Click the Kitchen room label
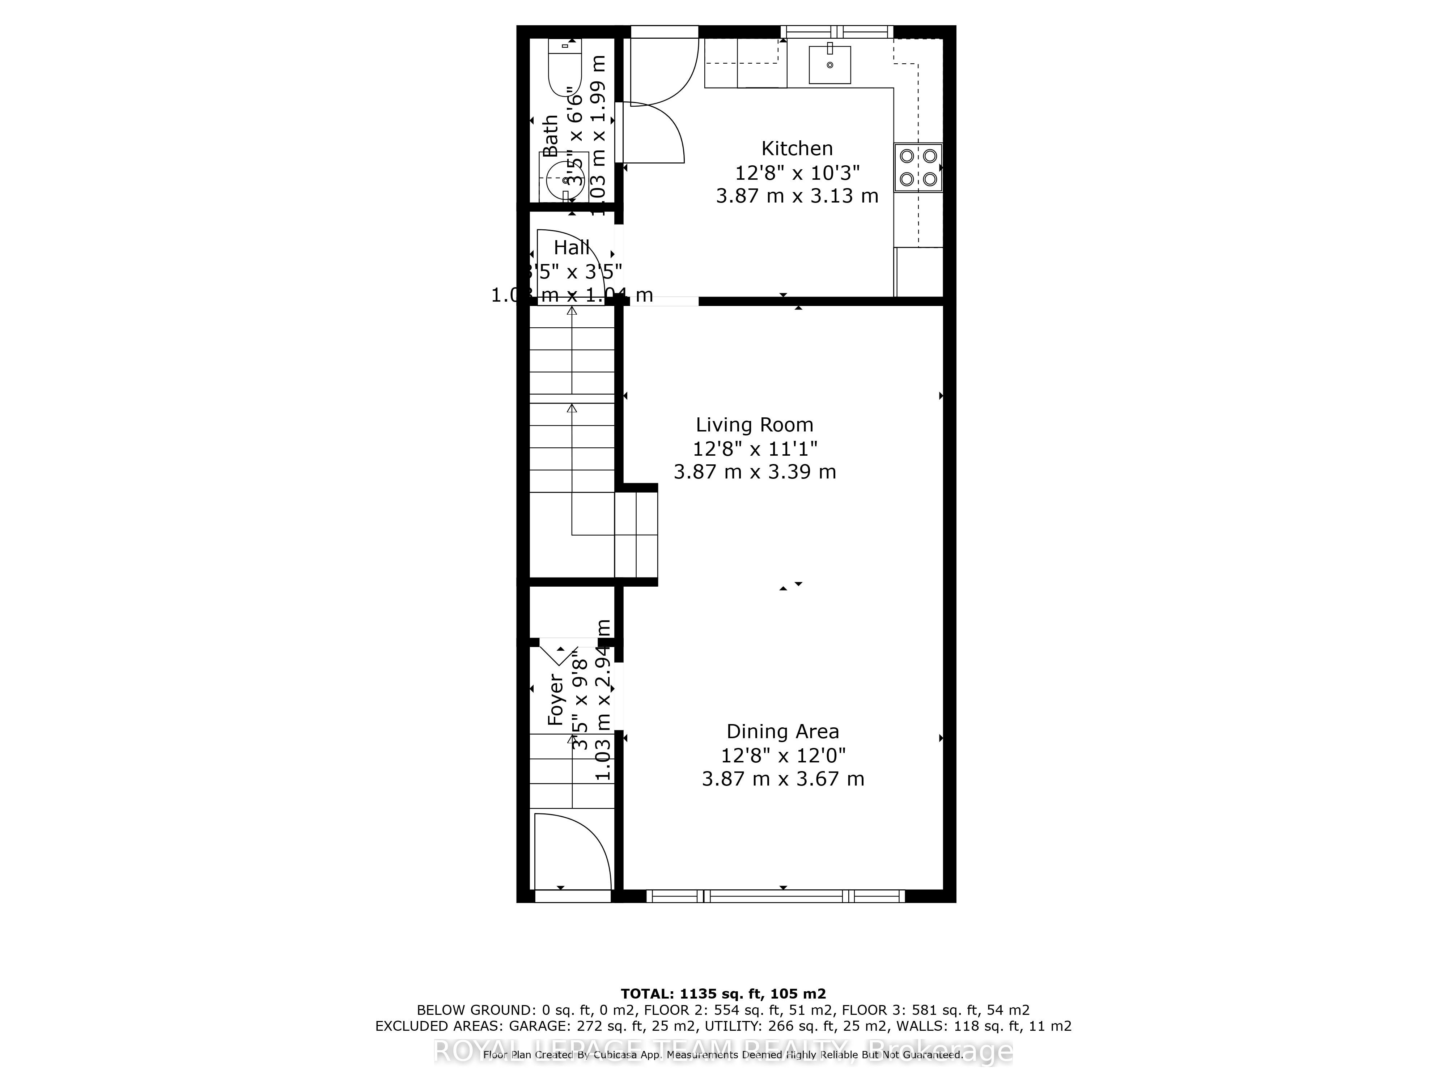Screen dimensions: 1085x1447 [x=797, y=148]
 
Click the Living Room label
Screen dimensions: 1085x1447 [x=754, y=425]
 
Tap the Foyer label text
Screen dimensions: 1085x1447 [x=555, y=700]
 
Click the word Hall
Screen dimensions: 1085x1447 [x=572, y=248]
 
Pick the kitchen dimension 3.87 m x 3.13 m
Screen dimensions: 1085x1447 [x=797, y=196]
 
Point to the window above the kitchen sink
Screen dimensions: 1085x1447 [x=837, y=31]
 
